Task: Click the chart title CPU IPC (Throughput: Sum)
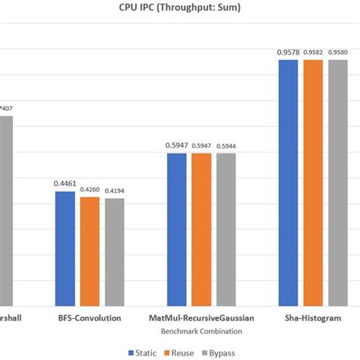point(180,10)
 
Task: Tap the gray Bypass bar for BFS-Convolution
point(114,251)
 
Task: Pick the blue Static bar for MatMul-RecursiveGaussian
point(176,229)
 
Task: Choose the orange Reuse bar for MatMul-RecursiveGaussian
point(201,229)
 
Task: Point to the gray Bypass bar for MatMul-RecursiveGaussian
point(226,229)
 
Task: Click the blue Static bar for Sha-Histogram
point(288,182)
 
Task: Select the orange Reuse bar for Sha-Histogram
point(313,182)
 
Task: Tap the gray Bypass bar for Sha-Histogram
point(337,182)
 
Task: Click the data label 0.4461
point(65,183)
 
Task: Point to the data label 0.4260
point(90,188)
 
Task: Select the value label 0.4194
point(114,190)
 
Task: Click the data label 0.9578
point(288,52)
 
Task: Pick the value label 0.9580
point(337,52)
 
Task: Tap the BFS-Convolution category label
point(90,317)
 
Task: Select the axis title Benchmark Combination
point(201,332)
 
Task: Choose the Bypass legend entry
point(219,352)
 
